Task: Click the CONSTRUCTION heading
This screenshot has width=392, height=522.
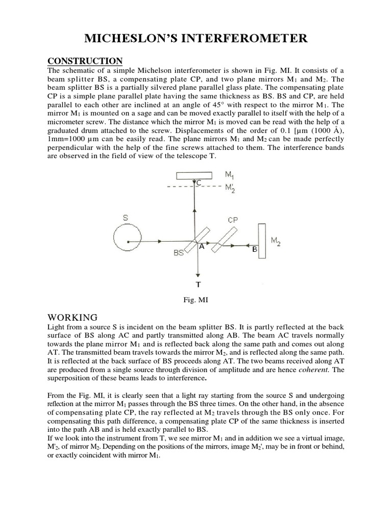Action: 85,61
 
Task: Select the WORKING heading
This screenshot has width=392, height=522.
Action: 71,317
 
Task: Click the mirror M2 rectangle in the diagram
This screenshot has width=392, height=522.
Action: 262,241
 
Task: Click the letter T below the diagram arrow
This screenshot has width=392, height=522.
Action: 198,284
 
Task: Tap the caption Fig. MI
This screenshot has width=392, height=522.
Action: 196,300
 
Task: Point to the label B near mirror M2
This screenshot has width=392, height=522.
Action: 255,249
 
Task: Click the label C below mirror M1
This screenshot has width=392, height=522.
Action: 199,182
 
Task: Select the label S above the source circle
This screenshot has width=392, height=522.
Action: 125,218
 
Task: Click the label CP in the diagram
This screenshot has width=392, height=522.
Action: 232,220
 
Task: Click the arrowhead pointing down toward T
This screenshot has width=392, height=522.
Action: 197,273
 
